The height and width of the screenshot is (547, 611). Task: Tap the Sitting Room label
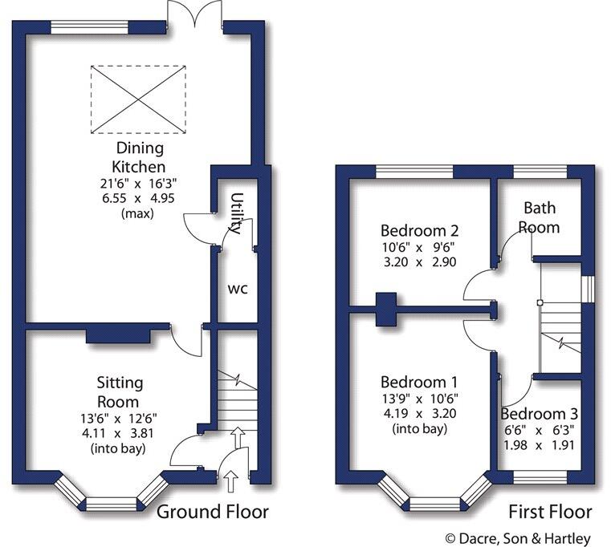point(118,393)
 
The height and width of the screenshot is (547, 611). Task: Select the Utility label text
point(236,213)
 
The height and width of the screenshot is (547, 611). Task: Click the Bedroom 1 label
point(414,382)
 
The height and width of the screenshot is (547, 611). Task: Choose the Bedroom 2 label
point(414,230)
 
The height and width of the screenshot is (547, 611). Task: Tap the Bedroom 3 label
point(540,414)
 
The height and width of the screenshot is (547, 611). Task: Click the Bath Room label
point(540,217)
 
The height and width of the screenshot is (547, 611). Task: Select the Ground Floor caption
point(212,512)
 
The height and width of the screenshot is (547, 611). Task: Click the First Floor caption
point(550,512)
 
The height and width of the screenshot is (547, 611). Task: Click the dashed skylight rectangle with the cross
point(138,99)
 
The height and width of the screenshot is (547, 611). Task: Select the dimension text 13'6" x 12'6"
point(118,417)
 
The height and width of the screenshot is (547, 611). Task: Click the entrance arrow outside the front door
point(231,482)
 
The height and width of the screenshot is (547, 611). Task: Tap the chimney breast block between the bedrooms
point(388,308)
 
